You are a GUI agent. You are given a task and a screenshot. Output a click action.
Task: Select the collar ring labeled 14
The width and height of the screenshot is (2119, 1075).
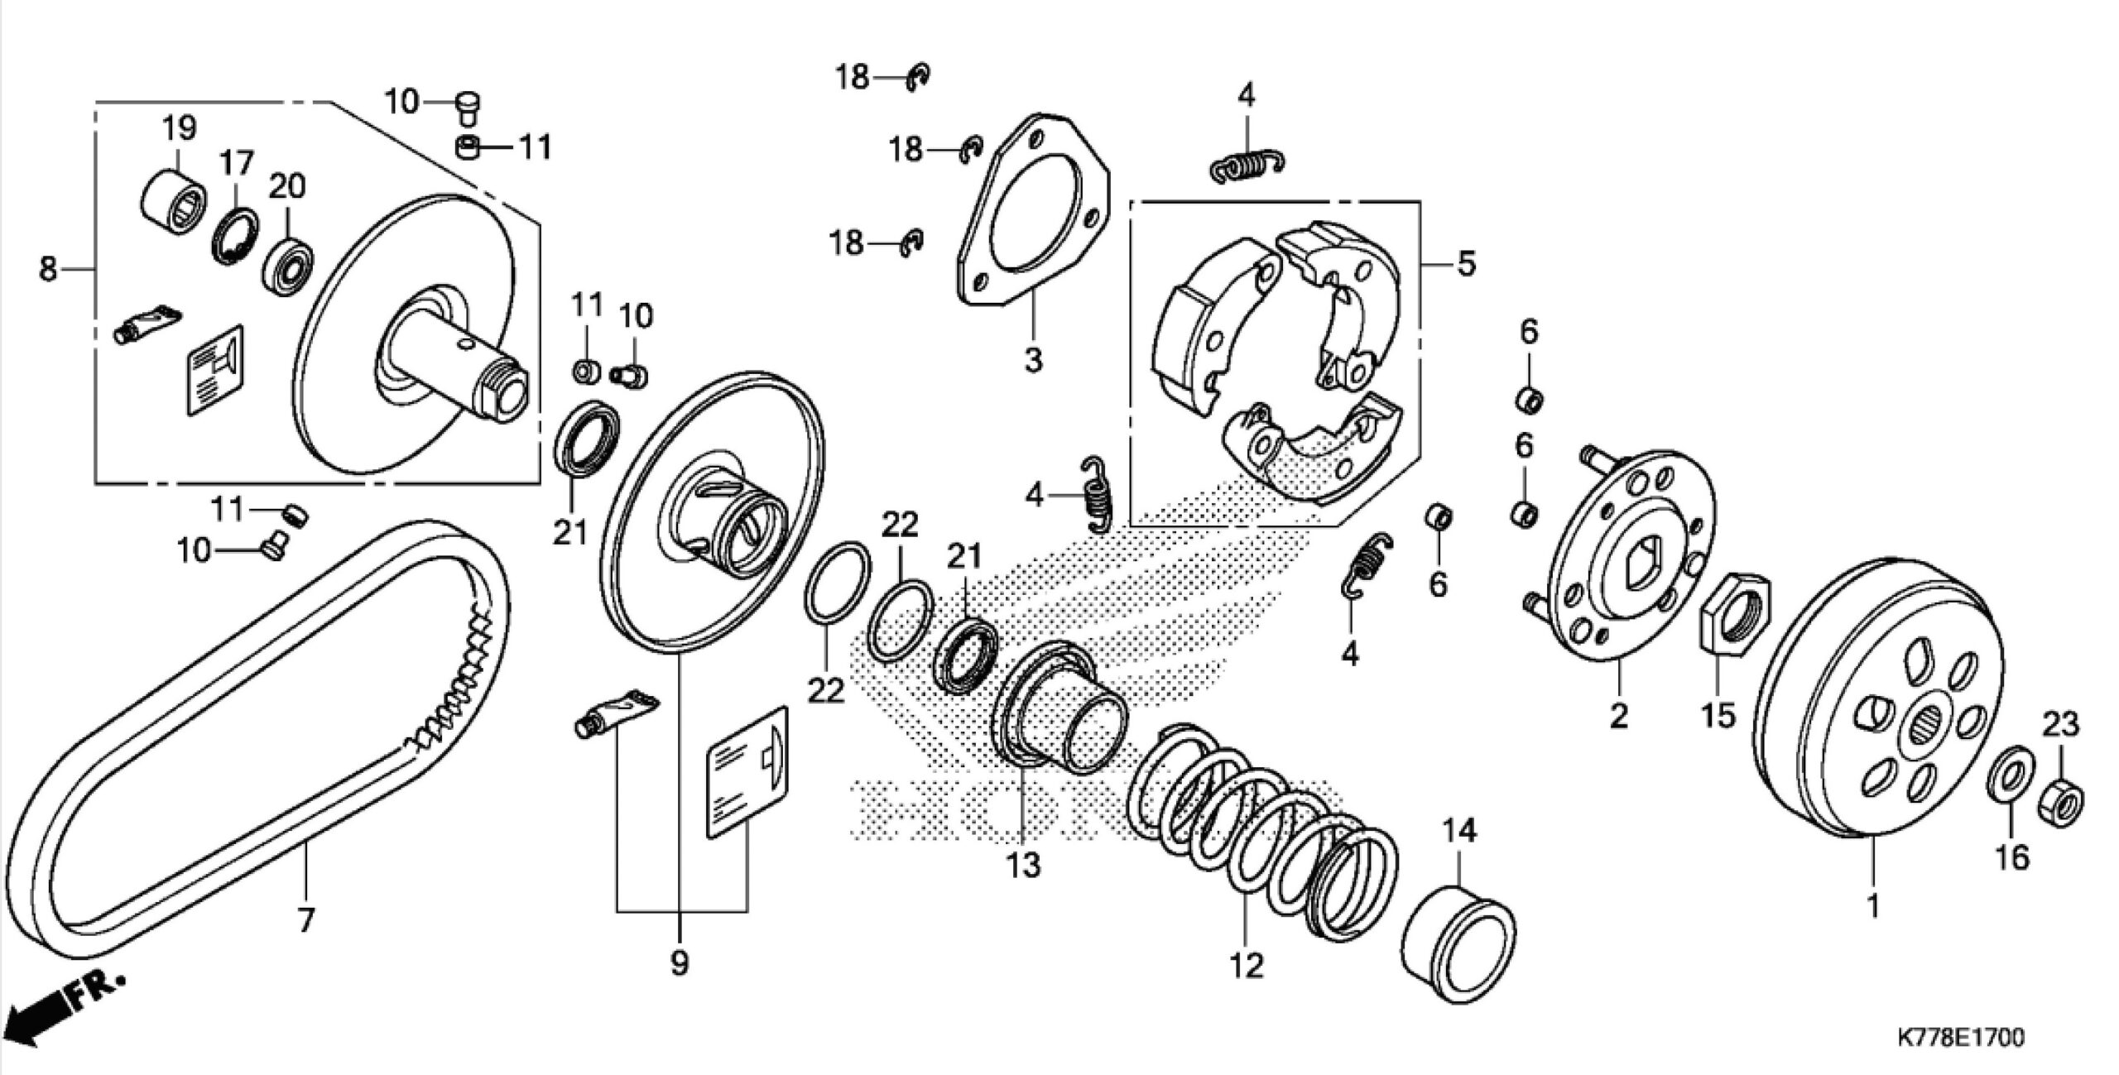click(x=1458, y=943)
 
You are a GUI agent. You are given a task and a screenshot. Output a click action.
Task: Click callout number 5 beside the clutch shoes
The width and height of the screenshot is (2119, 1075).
click(x=1466, y=265)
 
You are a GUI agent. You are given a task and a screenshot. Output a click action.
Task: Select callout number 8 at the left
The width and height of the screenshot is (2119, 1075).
click(x=48, y=269)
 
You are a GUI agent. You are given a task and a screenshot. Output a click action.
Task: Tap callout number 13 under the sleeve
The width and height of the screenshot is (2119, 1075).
click(x=1023, y=866)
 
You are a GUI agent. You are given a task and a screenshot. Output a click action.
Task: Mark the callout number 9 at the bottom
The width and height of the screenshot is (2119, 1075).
click(x=680, y=962)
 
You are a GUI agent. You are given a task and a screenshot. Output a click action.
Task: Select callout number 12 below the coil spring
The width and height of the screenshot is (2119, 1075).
click(x=1247, y=965)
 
